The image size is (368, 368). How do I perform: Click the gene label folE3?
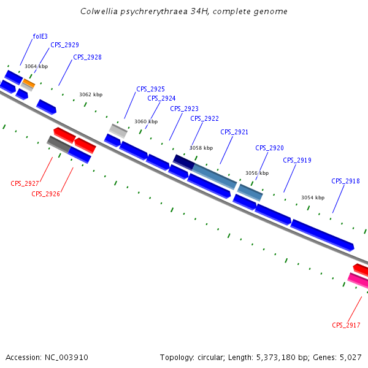tap(40, 36)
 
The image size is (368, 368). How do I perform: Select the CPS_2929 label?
tap(64, 45)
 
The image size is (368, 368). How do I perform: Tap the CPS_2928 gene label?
tap(87, 57)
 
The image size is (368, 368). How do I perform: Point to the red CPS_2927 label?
tap(25, 183)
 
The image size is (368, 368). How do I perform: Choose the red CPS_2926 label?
tap(45, 194)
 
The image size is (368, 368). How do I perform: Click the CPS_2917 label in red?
tap(346, 325)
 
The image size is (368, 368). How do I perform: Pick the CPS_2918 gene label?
tap(345, 181)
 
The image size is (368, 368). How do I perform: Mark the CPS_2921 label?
tap(234, 132)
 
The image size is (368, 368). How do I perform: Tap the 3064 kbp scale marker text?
tap(36, 66)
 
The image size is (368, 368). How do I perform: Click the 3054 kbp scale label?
tap(312, 197)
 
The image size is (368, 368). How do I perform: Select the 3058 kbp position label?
tap(201, 148)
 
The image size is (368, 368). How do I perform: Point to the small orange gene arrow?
tap(29, 83)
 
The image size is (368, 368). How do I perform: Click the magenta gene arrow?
tap(358, 280)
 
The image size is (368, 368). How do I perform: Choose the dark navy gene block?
tap(183, 161)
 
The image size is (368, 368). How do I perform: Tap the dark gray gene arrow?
tap(59, 145)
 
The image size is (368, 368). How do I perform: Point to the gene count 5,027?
tap(351, 357)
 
